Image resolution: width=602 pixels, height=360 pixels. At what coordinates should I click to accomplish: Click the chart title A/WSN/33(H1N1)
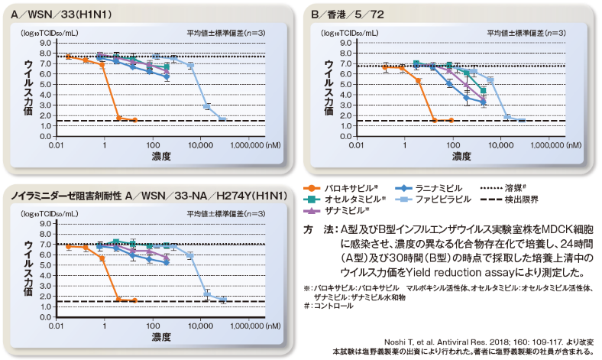61,15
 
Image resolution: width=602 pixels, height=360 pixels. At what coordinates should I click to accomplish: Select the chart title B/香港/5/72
348,15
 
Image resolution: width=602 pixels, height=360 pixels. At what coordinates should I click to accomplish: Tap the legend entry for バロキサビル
341,188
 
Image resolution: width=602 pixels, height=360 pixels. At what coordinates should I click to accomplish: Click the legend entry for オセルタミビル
345,199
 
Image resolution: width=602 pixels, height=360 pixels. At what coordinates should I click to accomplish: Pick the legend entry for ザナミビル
336,210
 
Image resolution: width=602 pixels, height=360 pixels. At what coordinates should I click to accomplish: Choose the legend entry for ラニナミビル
429,188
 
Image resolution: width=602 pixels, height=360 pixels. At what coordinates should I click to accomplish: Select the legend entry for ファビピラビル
433,199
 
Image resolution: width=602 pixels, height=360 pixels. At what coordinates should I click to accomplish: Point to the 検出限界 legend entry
509,199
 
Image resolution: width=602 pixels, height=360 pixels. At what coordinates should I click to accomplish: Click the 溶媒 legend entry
503,188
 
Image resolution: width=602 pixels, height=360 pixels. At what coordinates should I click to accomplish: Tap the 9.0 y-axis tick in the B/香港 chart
345,43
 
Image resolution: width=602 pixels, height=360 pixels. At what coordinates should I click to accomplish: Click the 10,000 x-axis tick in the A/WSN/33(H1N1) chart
200,145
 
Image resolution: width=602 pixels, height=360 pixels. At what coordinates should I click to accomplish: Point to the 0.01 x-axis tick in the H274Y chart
56,326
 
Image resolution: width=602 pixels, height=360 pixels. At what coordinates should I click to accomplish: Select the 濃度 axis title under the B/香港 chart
461,157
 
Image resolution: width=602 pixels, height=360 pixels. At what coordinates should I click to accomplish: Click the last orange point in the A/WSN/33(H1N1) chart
134,120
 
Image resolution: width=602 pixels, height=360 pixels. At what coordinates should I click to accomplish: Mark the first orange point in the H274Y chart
69,247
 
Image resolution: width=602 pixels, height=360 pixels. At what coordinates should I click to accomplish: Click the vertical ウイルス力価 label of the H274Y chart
28,268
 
